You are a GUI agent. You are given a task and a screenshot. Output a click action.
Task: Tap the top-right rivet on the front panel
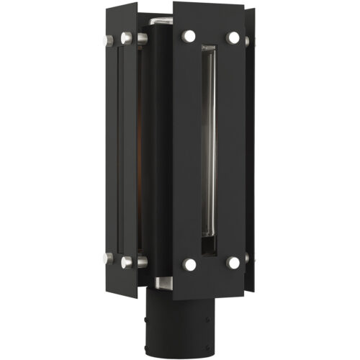(x=233, y=37)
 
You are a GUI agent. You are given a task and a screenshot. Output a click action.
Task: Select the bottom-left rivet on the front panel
(x=189, y=264)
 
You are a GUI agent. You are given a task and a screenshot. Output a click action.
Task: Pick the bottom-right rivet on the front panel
(x=233, y=263)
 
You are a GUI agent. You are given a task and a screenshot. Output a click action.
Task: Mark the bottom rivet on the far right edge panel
(x=246, y=257)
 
